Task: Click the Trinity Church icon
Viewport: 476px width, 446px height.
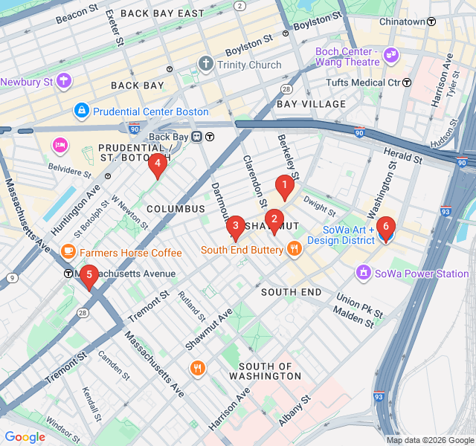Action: coord(205,65)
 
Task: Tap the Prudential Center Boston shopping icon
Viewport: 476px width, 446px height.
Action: coord(81,111)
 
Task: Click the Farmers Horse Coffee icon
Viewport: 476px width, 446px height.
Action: coord(68,253)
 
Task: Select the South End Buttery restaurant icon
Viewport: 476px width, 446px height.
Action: coord(294,250)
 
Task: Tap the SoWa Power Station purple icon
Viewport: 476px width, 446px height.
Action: coord(363,274)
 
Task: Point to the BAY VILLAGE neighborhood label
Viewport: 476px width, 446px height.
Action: coord(311,104)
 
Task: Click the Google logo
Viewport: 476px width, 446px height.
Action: coord(25,437)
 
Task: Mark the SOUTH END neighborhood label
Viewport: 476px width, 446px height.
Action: coord(292,292)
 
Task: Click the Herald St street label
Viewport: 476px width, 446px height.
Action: coord(402,155)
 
